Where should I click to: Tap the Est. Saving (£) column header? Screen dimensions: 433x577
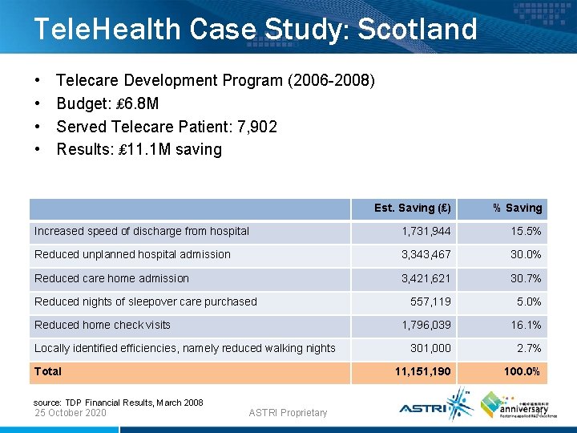412,208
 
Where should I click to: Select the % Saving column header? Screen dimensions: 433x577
517,208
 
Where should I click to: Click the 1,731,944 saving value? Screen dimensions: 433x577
426,232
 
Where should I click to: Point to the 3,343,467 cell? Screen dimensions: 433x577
426,255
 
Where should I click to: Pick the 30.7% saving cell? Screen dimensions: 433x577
526,278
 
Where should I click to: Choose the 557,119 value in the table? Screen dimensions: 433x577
430,301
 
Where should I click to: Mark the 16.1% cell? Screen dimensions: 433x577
526,325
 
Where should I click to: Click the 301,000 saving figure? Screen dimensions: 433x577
430,348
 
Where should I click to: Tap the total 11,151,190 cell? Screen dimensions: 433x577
422,372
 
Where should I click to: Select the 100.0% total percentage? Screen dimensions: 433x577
521,372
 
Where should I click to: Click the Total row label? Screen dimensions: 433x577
48,371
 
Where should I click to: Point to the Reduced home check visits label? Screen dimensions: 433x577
102,325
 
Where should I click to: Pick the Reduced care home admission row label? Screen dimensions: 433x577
111,278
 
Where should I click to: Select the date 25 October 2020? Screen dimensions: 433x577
71,413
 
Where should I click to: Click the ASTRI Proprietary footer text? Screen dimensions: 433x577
288,413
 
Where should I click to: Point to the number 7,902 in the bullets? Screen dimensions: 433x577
257,127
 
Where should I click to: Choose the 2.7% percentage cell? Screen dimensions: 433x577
528,348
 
